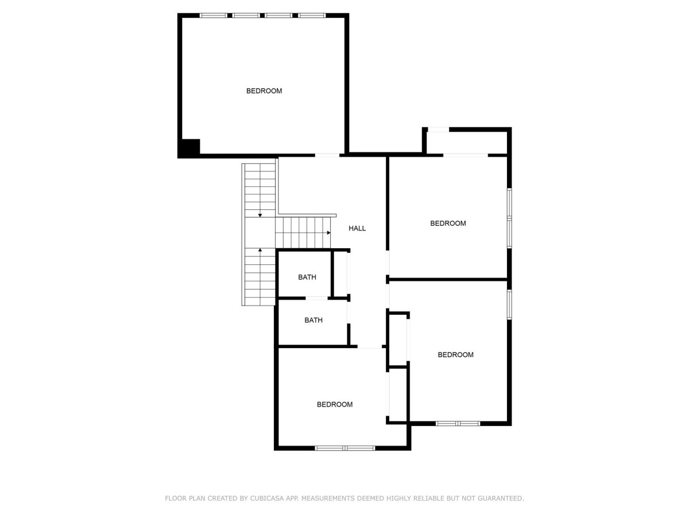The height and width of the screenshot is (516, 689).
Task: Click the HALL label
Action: click(x=357, y=228)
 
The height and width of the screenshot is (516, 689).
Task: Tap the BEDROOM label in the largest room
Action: click(x=264, y=91)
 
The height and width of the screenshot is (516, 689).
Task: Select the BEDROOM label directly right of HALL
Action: click(x=448, y=224)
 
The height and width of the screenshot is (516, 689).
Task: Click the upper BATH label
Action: click(x=307, y=277)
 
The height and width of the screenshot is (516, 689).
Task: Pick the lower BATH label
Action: click(x=313, y=320)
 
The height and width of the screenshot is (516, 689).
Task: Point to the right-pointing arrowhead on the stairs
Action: click(x=328, y=232)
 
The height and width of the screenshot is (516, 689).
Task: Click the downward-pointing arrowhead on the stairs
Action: click(x=260, y=215)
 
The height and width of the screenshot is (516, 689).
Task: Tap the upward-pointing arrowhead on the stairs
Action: click(x=260, y=250)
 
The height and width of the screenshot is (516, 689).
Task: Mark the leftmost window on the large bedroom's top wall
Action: click(x=214, y=15)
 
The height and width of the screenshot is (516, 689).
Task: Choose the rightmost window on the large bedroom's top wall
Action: click(x=312, y=15)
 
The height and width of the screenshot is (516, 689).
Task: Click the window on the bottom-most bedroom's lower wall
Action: click(x=344, y=448)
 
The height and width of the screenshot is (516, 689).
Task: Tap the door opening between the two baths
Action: click(x=317, y=298)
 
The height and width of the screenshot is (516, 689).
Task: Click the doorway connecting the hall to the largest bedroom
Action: click(x=327, y=155)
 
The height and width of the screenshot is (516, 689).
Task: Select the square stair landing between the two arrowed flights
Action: click(x=260, y=232)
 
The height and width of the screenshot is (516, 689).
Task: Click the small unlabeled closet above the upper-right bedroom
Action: click(x=467, y=142)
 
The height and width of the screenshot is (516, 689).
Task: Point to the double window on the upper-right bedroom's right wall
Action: click(x=509, y=218)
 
